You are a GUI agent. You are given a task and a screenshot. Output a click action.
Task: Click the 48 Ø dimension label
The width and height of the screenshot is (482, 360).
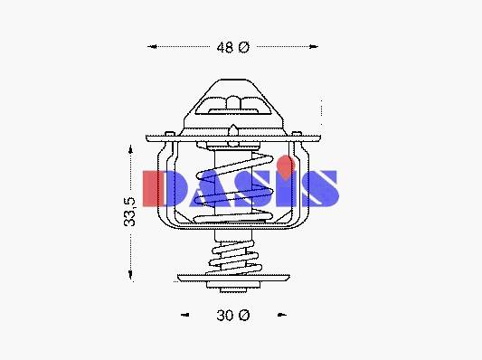(x=233, y=47)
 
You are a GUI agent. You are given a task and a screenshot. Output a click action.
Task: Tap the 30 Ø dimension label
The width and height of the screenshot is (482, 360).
(x=233, y=316)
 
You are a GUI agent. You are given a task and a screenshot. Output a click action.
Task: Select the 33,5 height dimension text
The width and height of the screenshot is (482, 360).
(x=129, y=213)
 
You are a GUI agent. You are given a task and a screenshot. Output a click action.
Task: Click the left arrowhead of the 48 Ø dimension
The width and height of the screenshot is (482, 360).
(x=153, y=46)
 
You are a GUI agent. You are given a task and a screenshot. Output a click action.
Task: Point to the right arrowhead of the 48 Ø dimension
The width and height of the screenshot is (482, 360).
(x=314, y=47)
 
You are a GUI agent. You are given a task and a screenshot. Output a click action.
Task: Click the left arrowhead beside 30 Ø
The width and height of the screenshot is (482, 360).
(x=185, y=315)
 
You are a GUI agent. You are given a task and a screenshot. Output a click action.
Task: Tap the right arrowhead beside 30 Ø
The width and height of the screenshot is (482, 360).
(x=282, y=315)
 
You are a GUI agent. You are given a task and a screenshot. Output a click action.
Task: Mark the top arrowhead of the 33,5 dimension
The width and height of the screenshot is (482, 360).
(x=130, y=150)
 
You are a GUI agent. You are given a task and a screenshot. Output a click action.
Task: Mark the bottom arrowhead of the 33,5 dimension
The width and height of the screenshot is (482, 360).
(x=130, y=275)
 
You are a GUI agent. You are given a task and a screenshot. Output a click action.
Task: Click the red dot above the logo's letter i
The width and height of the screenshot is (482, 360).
(x=286, y=167)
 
